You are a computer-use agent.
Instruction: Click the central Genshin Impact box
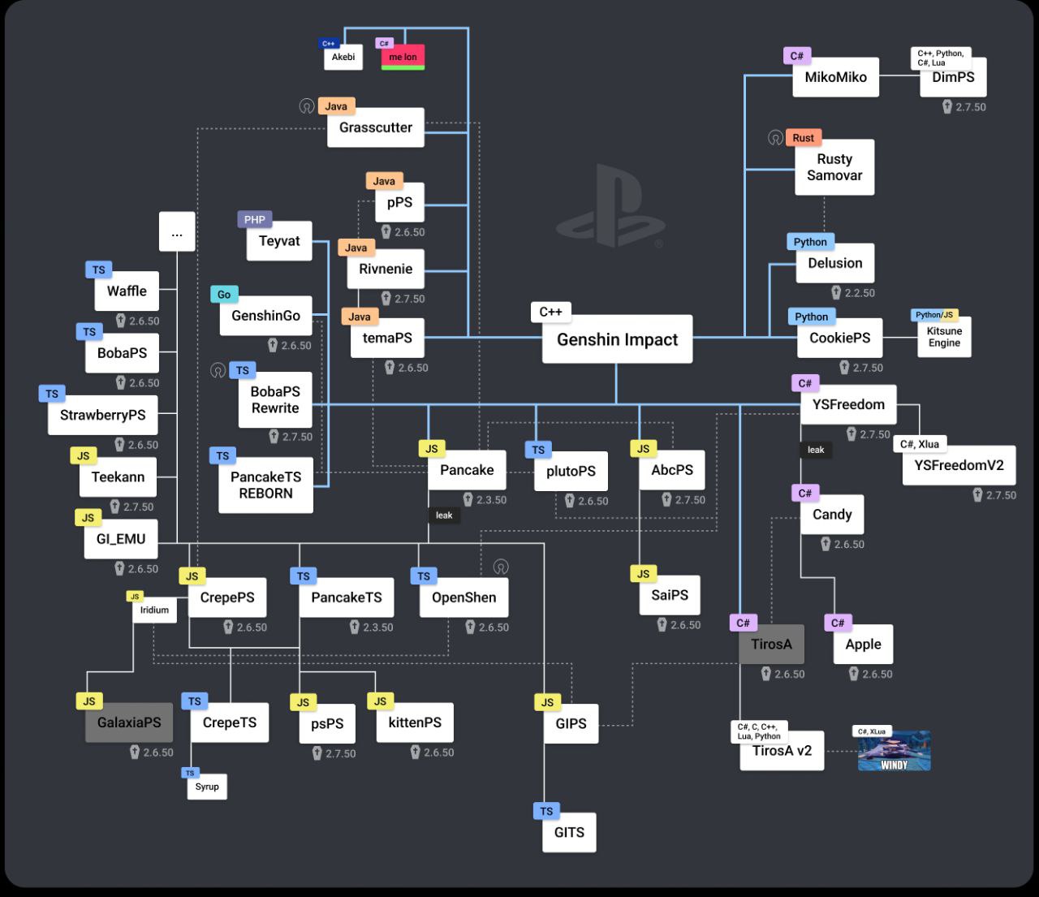click(x=617, y=339)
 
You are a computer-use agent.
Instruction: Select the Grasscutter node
click(x=376, y=127)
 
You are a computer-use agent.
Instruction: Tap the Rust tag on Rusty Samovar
click(x=804, y=138)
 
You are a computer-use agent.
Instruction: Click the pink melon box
click(x=403, y=57)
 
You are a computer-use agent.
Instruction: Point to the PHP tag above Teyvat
click(x=254, y=220)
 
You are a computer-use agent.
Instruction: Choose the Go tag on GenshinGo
click(x=224, y=294)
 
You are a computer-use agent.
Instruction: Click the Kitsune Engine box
click(x=944, y=337)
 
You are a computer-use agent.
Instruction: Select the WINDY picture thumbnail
click(x=894, y=751)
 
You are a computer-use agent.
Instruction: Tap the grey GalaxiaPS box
click(x=129, y=722)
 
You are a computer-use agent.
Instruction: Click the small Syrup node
click(x=207, y=787)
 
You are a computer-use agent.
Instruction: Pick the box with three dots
click(x=177, y=231)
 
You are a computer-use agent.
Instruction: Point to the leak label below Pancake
click(x=444, y=515)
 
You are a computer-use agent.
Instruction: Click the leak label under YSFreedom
click(x=815, y=450)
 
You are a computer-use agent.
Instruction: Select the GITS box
click(x=569, y=832)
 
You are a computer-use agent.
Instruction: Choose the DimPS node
click(x=953, y=77)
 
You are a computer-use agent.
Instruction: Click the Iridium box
click(x=154, y=610)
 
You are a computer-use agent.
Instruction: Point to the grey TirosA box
click(x=771, y=644)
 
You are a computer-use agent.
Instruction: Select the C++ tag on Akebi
click(x=328, y=44)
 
